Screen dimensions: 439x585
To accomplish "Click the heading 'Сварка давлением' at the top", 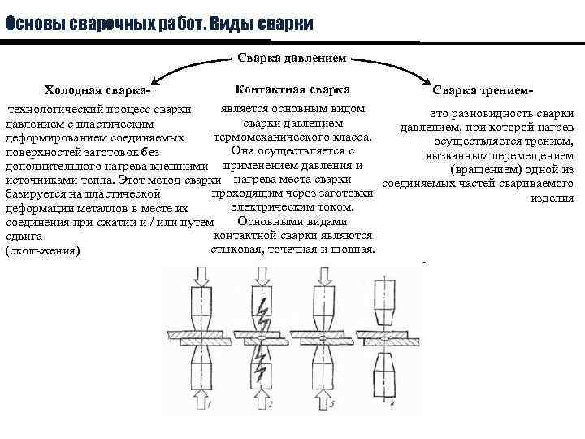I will pyautogui.click(x=292, y=59).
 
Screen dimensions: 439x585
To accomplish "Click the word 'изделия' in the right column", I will pyautogui.click(x=552, y=198).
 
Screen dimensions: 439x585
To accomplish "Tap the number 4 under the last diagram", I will pyautogui.click(x=392, y=403).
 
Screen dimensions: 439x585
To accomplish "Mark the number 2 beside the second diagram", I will pyautogui.click(x=271, y=403).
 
